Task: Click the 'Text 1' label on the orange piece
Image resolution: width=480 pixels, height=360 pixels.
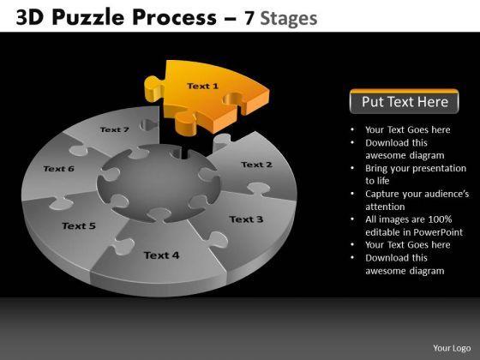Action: [202, 86]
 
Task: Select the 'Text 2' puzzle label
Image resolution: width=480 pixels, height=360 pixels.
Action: [256, 165]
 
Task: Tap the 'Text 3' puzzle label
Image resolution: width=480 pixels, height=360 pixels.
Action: [246, 219]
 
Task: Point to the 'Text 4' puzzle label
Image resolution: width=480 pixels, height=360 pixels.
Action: [161, 255]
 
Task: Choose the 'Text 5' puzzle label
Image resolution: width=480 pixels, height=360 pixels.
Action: [79, 226]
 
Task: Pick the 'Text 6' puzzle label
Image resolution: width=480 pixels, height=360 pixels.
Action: [59, 169]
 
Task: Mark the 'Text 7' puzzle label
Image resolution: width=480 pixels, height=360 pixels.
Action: [115, 129]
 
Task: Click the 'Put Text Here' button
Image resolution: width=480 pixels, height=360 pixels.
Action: [404, 101]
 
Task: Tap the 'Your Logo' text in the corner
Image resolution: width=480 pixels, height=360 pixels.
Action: [452, 348]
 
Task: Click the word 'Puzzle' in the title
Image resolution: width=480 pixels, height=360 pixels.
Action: [88, 17]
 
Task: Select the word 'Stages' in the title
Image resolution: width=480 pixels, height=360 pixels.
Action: [288, 19]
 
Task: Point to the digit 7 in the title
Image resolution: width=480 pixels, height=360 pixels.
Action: [249, 18]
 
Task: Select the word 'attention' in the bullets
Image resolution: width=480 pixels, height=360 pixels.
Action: [385, 207]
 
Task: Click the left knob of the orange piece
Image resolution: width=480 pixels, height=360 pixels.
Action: [153, 88]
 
